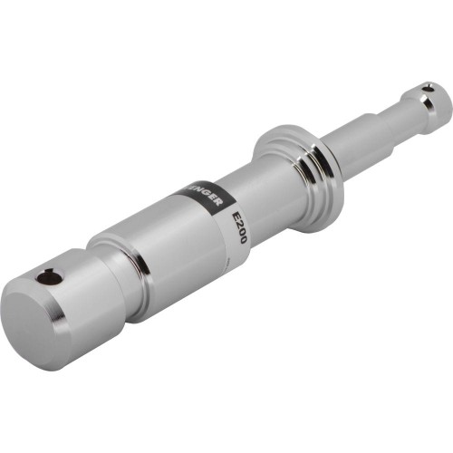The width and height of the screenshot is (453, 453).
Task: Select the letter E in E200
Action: click(237, 216)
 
